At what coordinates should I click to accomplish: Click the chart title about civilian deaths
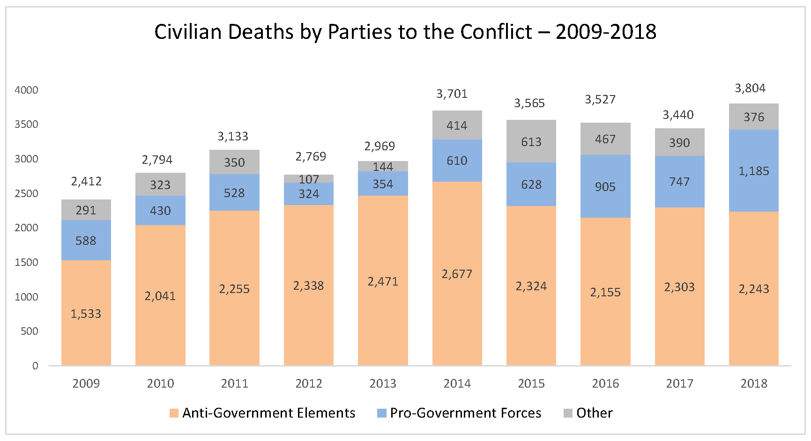[405, 32]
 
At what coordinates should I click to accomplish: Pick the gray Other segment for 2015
[531, 141]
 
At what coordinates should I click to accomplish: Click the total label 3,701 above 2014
[452, 94]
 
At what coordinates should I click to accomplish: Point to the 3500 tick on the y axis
[26, 124]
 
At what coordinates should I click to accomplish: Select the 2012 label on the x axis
[308, 383]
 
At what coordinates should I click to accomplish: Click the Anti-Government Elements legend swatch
[174, 413]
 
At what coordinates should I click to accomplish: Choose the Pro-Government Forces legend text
[465, 413]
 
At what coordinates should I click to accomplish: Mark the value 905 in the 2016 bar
[605, 187]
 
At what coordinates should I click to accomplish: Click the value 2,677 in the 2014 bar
[457, 274]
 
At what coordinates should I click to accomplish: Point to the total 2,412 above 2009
[86, 181]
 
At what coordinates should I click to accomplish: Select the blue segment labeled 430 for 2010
[160, 211]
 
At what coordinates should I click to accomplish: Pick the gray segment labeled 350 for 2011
[234, 162]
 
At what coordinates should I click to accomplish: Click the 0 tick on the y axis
[35, 366]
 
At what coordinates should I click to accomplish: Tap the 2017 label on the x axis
[679, 383]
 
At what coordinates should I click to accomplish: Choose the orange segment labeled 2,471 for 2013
[383, 281]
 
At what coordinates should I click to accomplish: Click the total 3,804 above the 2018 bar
[750, 88]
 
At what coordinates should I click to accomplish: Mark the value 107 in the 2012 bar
[308, 179]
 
